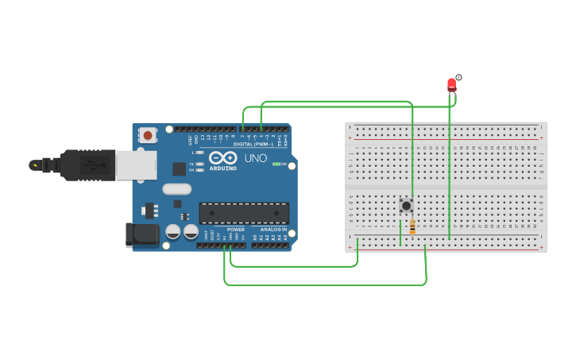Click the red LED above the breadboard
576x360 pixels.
click(451, 83)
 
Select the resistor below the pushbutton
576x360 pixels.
click(412, 228)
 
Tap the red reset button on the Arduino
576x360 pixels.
click(147, 135)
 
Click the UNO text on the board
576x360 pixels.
click(255, 158)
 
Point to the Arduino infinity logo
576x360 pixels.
click(223, 157)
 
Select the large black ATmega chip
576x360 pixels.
click(244, 213)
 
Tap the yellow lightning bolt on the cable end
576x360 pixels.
click(34, 165)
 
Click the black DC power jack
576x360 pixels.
click(141, 234)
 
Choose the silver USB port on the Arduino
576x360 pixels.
click(136, 165)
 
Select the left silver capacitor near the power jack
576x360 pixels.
click(172, 232)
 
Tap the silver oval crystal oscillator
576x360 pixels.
click(177, 189)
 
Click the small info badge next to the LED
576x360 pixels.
click(458, 77)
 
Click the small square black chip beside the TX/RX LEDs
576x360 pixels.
click(180, 168)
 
